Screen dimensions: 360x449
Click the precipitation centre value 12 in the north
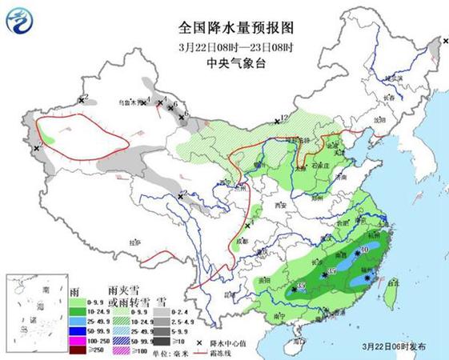(282, 119)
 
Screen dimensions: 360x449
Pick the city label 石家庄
(320, 166)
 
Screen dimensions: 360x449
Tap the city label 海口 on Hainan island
(297, 341)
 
